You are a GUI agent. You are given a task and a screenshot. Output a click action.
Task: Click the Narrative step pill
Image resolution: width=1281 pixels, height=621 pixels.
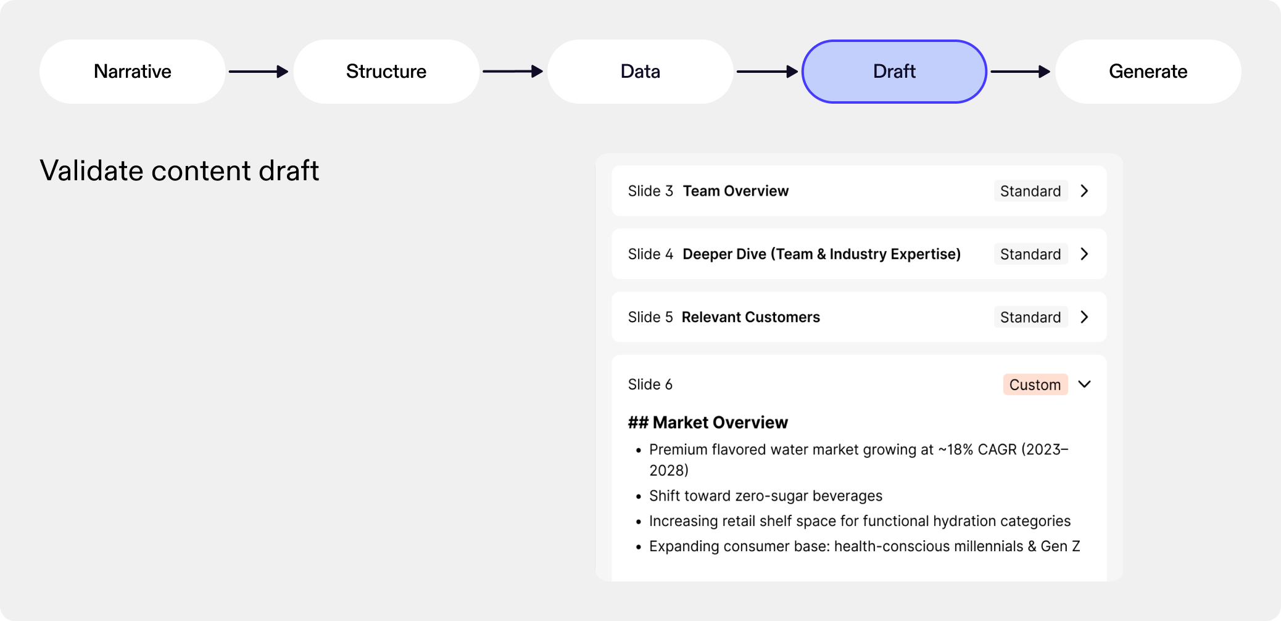(133, 72)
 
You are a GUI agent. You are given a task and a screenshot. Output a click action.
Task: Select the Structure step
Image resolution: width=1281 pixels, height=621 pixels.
(386, 72)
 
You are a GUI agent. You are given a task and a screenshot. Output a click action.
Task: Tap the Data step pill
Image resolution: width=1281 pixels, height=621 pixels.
(640, 72)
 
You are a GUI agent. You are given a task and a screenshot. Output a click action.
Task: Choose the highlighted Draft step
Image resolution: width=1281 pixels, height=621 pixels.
(894, 72)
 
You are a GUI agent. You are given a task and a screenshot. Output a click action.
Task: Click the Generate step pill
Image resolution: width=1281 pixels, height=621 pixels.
(1148, 72)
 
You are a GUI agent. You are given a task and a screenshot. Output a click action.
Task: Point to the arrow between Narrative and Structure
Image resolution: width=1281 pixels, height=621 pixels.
(259, 72)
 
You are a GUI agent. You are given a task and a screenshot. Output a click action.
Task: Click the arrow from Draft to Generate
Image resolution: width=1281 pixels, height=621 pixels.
(1020, 72)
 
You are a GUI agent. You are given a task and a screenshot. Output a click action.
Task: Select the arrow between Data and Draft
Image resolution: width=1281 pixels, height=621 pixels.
(767, 72)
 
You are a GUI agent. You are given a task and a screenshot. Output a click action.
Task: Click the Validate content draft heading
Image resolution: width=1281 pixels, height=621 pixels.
(180, 171)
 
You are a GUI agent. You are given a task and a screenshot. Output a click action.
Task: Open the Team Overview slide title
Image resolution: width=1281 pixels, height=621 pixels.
(736, 191)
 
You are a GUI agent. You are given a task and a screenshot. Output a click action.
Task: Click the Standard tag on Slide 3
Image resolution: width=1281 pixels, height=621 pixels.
(1030, 191)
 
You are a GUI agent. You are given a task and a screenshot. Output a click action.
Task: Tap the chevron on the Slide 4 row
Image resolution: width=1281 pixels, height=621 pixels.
(1084, 254)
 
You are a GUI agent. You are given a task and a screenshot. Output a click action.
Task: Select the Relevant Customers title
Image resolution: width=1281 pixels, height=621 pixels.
(750, 317)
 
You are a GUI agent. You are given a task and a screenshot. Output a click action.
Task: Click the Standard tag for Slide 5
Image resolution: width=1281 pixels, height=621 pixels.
(1030, 317)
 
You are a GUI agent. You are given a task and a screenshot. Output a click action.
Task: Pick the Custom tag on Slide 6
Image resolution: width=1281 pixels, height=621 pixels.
(1035, 385)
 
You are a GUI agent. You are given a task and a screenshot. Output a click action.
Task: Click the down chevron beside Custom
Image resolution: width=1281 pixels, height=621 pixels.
(1084, 385)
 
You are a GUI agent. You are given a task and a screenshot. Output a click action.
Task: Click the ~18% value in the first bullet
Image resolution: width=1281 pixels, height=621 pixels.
(956, 450)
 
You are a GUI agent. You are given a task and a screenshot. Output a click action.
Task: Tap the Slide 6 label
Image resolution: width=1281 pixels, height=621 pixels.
(650, 385)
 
